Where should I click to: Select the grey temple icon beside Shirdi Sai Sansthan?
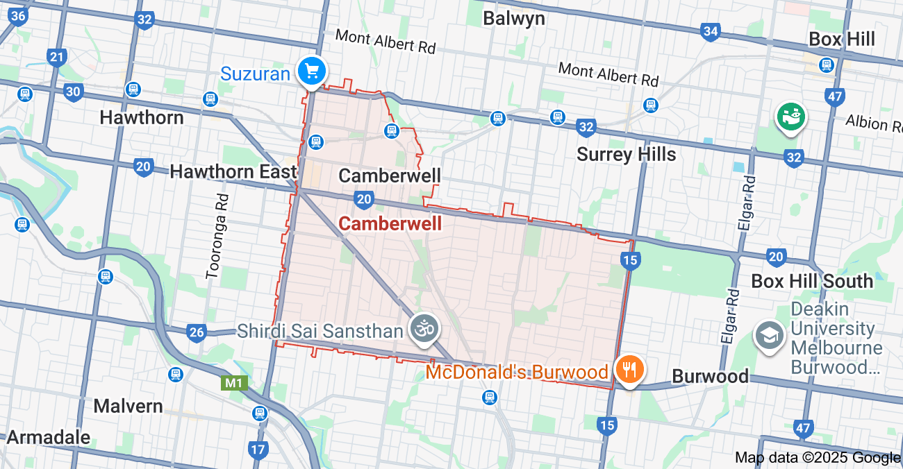[424, 328]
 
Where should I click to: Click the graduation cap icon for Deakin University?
[769, 336]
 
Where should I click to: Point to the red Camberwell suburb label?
[390, 223]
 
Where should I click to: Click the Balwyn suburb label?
[514, 18]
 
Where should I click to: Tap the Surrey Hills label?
[626, 154]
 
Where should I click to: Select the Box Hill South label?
[812, 281]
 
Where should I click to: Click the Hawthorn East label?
[233, 171]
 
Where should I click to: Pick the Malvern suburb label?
[129, 406]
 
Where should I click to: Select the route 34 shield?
[710, 31]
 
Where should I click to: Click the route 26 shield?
[197, 332]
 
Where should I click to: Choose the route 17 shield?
[258, 450]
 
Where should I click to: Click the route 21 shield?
[56, 57]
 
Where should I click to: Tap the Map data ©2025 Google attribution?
[817, 457]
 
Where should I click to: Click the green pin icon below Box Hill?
[790, 117]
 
